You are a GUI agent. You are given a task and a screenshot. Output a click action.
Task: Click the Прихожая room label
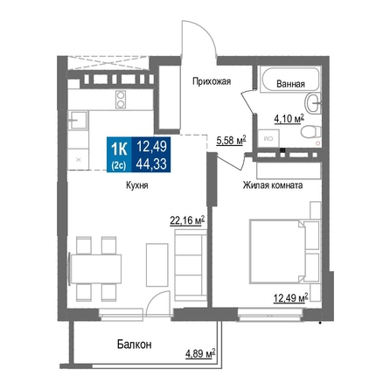[212, 81]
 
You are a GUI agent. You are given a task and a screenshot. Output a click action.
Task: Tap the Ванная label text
[290, 84]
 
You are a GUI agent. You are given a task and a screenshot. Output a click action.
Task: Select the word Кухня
[137, 185]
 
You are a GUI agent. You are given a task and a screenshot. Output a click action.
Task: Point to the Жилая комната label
[273, 185]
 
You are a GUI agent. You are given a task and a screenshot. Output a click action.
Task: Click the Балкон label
[135, 345]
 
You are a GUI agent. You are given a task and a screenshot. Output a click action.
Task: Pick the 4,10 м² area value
[289, 119]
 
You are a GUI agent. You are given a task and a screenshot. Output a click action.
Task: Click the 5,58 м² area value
[231, 141]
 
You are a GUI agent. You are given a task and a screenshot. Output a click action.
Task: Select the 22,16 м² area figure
[187, 220]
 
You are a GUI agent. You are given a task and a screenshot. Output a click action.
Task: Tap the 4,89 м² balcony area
[200, 353]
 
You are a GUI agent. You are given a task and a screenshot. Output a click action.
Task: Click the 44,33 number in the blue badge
[151, 164]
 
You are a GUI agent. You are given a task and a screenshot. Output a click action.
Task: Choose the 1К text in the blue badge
[119, 150]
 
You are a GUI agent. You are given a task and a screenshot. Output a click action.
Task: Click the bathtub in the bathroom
[290, 79]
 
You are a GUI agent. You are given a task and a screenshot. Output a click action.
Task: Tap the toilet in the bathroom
[311, 132]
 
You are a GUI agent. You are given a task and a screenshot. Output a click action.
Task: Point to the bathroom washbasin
[312, 102]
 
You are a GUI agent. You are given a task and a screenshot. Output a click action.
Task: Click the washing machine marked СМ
[268, 138]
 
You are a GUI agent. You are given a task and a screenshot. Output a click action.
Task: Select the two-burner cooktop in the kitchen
[121, 100]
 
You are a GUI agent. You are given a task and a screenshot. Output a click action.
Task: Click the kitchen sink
[78, 120]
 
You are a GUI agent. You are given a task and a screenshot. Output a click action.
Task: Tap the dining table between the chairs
[96, 268]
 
